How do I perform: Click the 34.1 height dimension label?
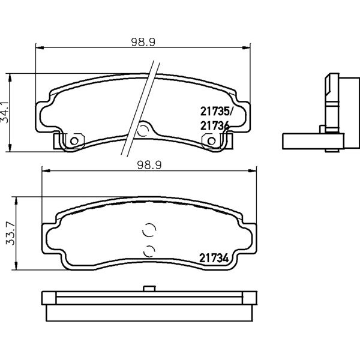pos(5,113)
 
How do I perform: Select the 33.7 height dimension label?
pos(10,233)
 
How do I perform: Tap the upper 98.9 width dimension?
pos(143,42)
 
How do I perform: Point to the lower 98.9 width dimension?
pos(149,166)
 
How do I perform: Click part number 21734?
pos(214,258)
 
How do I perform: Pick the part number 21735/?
pos(217,112)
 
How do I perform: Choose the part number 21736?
pos(215,126)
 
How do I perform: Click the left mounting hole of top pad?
pos(74,141)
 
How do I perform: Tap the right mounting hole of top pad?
pos(211,141)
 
